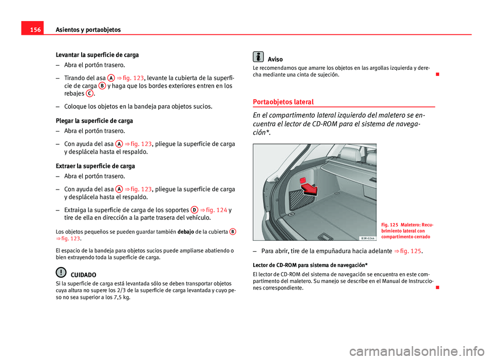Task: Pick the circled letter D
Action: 194,210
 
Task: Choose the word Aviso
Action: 275,60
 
